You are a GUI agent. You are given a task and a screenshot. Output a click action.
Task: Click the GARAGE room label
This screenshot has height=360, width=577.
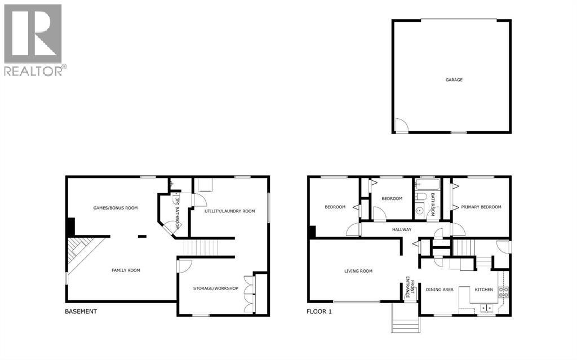[454, 80]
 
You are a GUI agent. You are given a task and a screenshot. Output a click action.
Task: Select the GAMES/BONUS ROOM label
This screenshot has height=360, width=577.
[115, 208]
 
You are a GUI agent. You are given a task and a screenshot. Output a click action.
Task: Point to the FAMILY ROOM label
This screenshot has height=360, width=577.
[126, 270]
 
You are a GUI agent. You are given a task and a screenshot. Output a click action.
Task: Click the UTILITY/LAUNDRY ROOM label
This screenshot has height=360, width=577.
[229, 211]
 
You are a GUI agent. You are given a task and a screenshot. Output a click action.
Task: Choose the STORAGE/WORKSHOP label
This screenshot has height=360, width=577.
[216, 288]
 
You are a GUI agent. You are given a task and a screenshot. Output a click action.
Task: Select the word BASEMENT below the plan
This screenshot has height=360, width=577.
[81, 312]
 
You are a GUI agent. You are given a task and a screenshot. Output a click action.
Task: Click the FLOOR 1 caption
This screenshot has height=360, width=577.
[319, 312]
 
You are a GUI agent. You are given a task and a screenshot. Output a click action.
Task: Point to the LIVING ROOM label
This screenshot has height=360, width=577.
[358, 271]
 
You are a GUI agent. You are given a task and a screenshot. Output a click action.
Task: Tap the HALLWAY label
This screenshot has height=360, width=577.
[402, 229]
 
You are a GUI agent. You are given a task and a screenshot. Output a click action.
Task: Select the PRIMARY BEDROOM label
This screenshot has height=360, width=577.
[481, 207]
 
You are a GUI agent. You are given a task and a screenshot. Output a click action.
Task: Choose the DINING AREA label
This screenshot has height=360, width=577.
[440, 290]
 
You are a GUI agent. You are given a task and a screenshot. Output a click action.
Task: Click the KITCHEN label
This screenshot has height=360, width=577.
[483, 290]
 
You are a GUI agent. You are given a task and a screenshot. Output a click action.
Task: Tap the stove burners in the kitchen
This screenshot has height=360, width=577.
[504, 292]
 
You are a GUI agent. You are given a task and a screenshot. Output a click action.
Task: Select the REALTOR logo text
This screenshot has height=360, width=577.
[34, 70]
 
